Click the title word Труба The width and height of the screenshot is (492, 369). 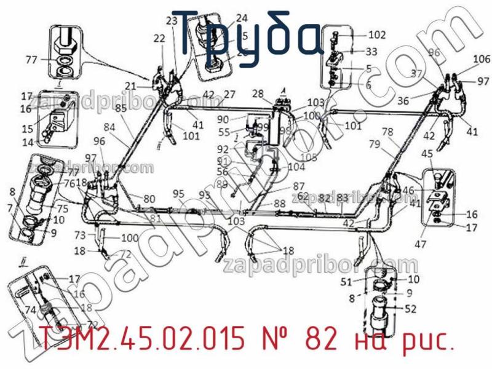coord(245,34)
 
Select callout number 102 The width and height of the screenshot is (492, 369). coord(376,35)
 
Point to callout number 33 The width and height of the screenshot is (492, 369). coord(371,52)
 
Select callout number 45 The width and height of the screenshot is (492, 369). coord(427,154)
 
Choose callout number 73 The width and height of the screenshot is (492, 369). coord(80,235)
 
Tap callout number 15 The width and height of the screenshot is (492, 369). coord(27,129)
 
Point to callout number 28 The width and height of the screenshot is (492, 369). coord(258,93)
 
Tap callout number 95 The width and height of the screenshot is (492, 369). coord(178,194)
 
